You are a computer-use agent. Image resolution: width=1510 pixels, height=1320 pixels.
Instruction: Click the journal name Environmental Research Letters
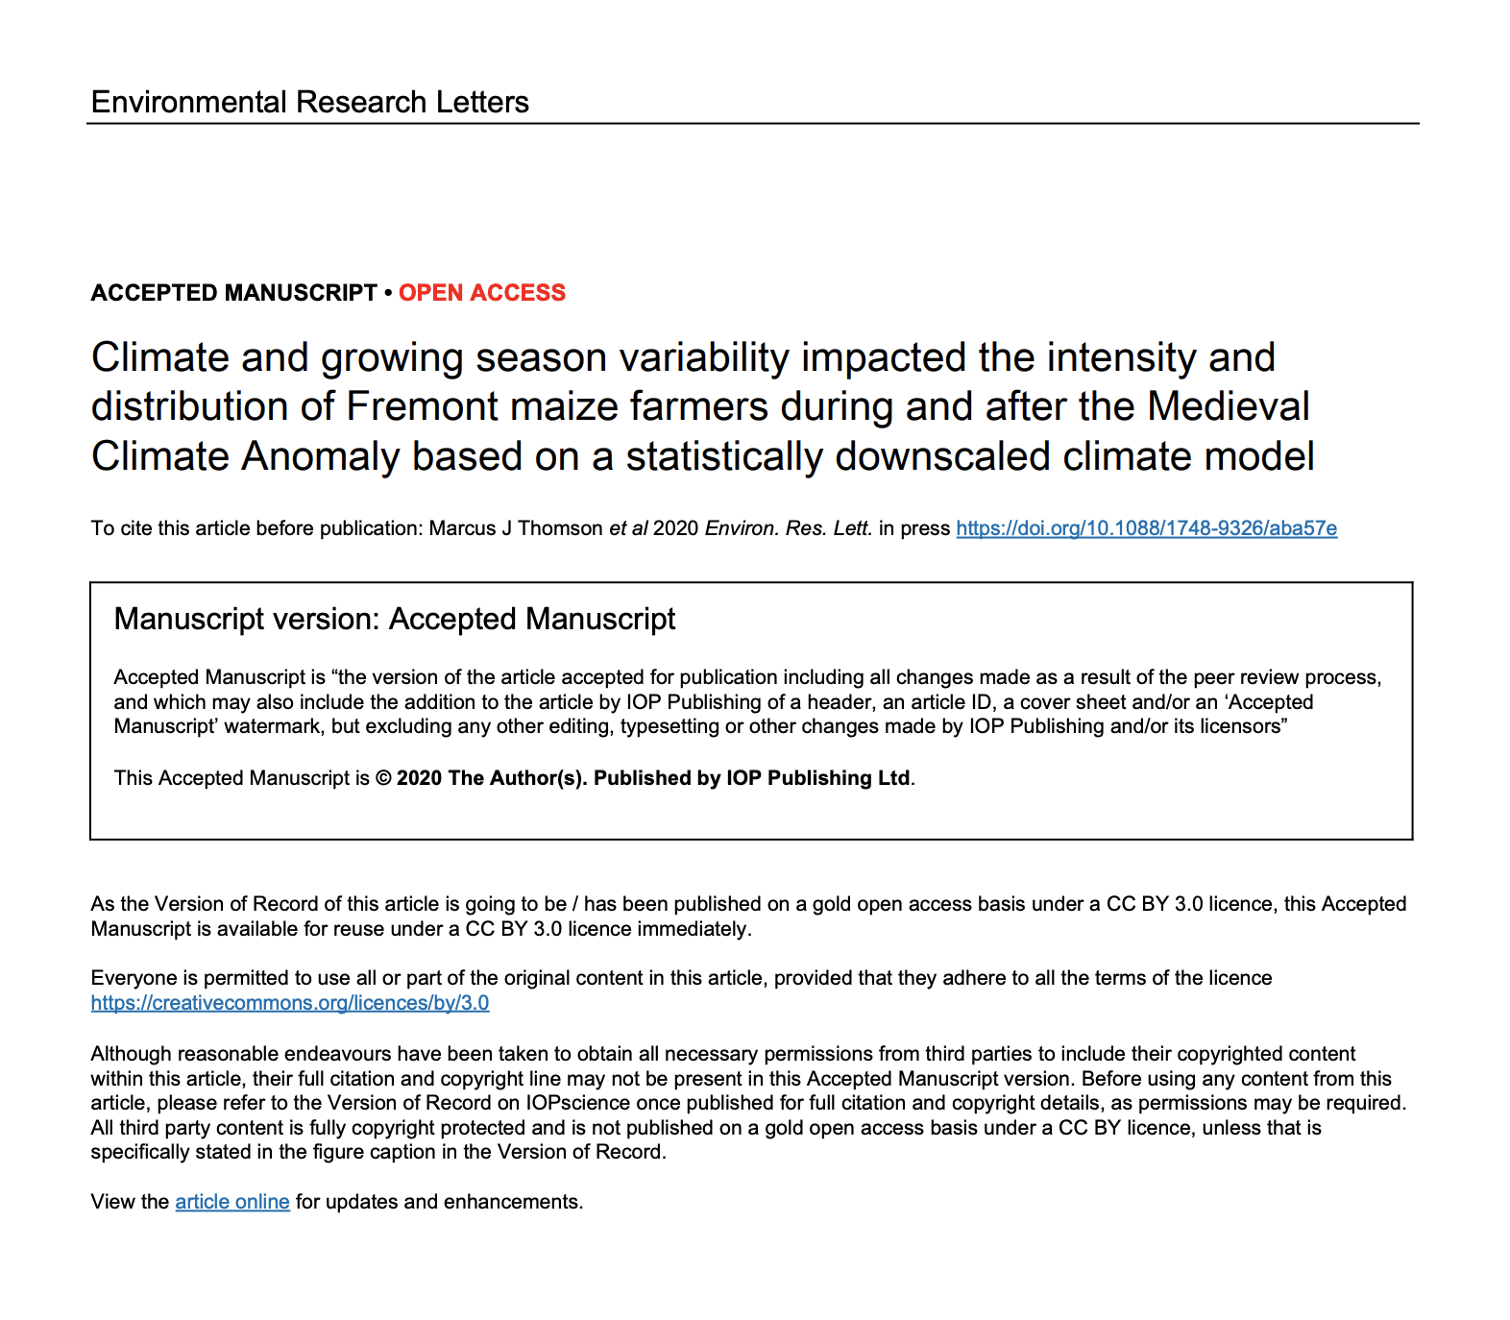(x=309, y=102)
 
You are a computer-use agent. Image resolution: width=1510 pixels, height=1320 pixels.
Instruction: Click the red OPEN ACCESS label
(x=482, y=293)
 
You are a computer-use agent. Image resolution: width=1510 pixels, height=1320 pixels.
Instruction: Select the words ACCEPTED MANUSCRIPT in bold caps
(x=233, y=293)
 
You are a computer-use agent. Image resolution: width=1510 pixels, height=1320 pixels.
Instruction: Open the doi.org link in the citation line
(x=1146, y=528)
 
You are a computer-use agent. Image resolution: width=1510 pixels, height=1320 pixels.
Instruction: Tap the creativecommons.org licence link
(x=289, y=1003)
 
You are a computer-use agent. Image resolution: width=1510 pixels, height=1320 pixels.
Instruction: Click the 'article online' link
(x=231, y=1202)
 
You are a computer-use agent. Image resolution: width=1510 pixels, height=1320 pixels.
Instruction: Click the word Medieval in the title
(x=1229, y=406)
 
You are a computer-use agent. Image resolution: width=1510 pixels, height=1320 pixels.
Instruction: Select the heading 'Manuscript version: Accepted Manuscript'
(x=394, y=620)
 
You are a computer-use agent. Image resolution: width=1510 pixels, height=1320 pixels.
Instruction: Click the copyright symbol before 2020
(x=383, y=778)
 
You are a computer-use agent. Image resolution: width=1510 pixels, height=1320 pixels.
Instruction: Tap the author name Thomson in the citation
(x=560, y=528)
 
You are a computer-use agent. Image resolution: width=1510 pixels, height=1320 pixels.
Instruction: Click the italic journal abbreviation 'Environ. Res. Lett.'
(x=788, y=528)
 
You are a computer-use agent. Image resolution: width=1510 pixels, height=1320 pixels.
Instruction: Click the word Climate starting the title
(x=159, y=358)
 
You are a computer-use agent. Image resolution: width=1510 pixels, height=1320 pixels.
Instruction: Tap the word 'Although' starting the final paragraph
(x=132, y=1054)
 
